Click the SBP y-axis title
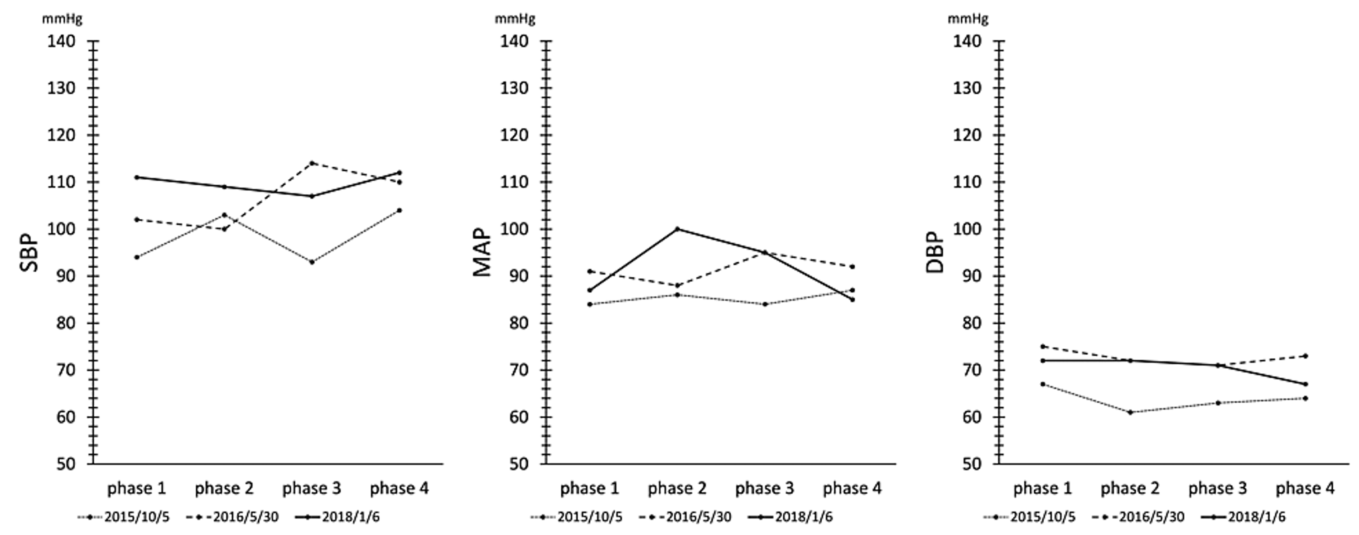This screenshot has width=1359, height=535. point(29,253)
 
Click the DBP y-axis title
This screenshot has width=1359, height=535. point(935,253)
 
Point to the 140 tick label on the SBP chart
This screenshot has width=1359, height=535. point(61,41)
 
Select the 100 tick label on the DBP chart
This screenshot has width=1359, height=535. point(967,230)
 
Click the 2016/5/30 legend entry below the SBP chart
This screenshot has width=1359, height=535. point(233,517)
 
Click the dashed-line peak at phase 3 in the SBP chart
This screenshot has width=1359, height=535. point(312,163)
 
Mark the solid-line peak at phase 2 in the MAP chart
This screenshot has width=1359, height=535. point(677,229)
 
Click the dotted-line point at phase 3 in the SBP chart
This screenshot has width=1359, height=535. point(312,262)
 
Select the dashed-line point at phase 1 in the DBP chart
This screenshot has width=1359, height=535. point(1042,347)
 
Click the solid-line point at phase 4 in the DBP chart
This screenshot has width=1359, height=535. point(1305,384)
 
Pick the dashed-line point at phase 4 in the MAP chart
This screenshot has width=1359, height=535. point(853,266)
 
